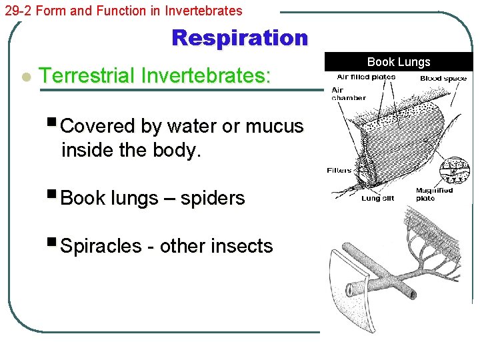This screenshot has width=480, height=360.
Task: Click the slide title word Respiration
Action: pos(240,38)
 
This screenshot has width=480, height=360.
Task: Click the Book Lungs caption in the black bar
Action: pos(399,62)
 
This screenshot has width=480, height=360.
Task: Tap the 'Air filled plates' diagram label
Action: pos(366,77)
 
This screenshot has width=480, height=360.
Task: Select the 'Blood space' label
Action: pos(443,79)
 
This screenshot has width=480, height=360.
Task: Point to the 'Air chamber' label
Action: pos(348,94)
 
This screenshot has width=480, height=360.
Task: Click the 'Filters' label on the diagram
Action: pos(339,171)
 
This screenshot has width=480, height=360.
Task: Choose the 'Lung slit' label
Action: pos(377,198)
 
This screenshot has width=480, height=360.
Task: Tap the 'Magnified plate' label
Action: pos(434,194)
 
